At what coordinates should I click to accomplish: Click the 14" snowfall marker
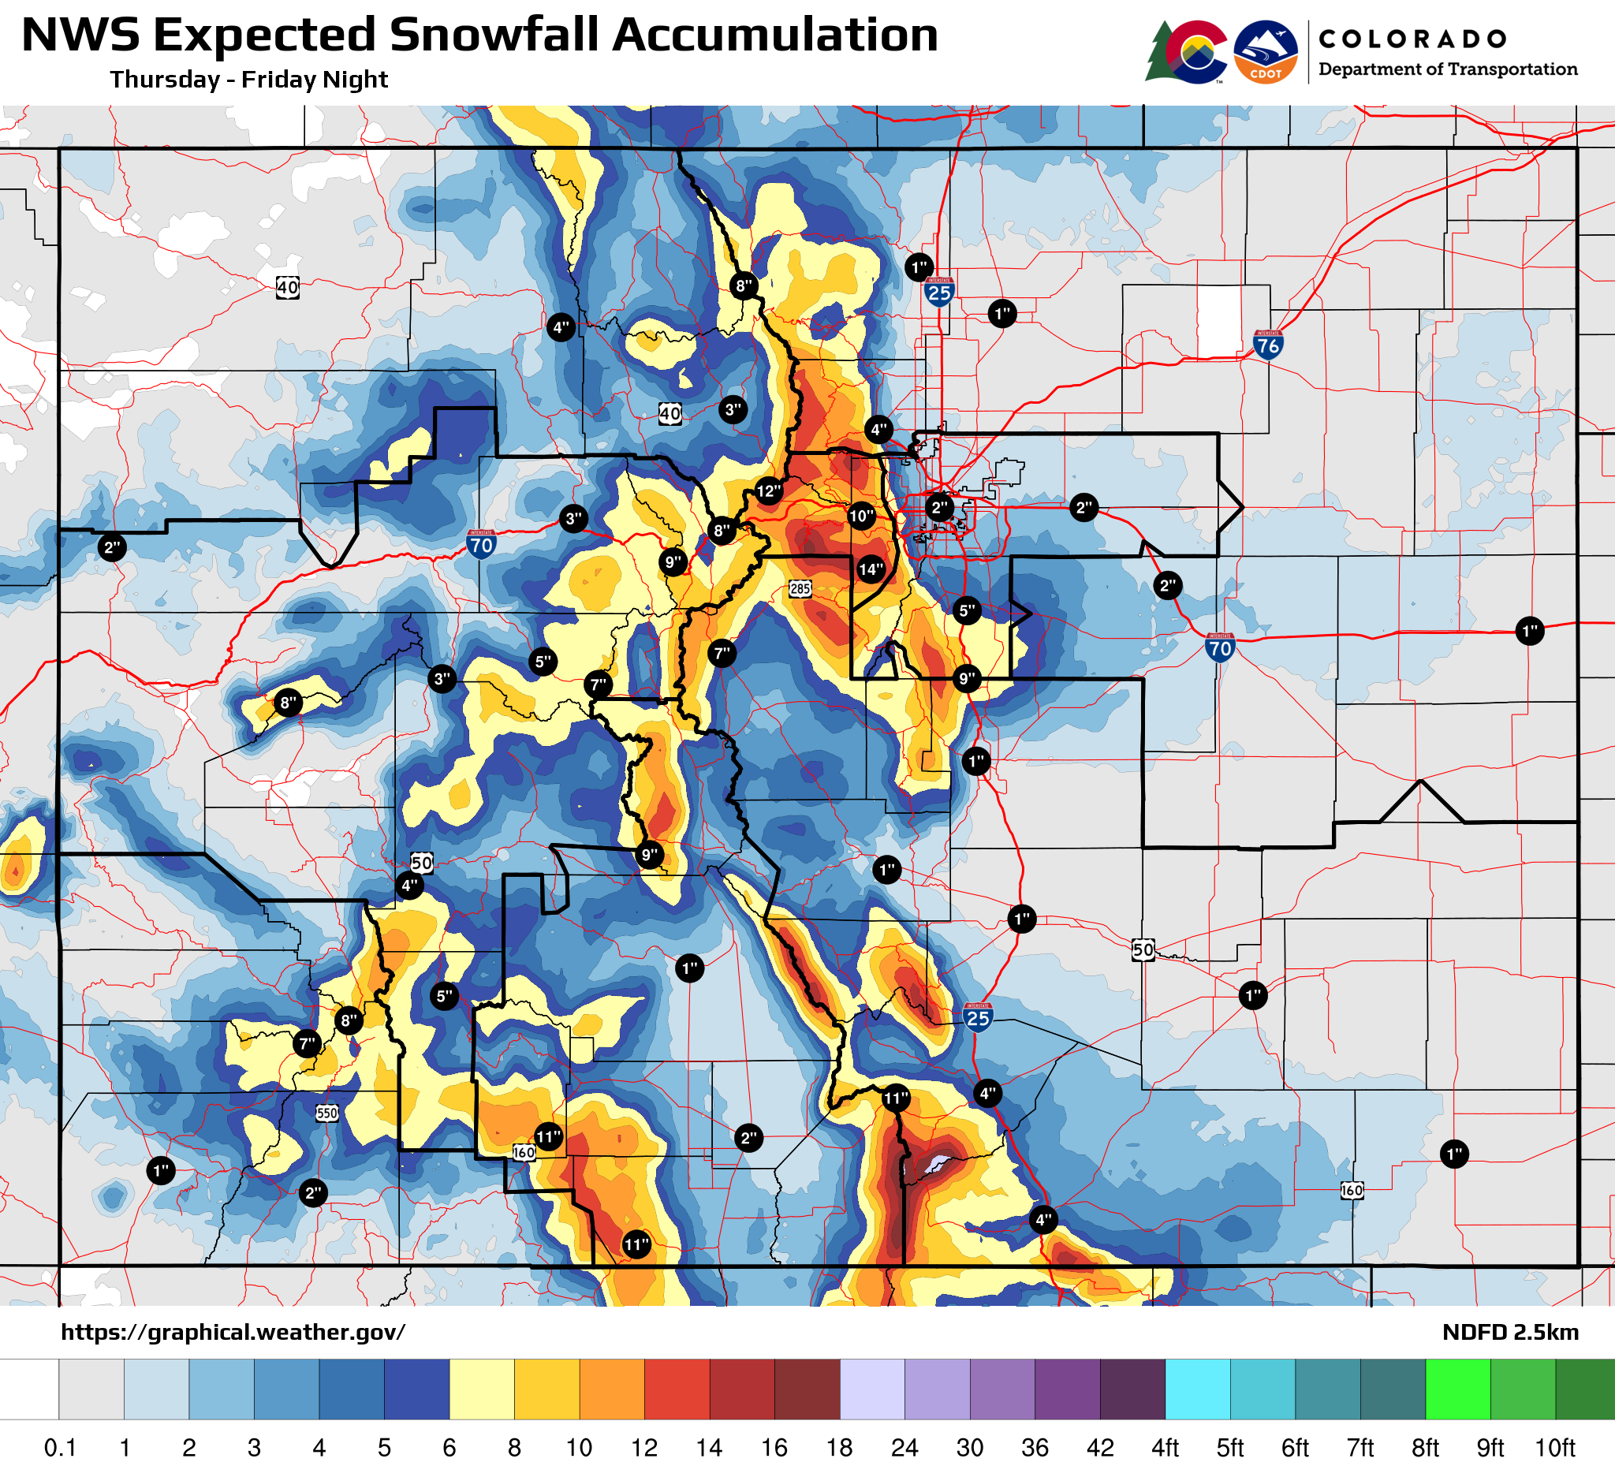871,569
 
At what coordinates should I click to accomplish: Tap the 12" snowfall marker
768,491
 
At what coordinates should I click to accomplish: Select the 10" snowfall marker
861,517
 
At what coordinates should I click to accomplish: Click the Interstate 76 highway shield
1268,345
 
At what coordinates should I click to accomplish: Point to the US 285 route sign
800,589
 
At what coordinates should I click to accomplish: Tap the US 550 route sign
326,1113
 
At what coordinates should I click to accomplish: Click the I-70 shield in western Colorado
481,545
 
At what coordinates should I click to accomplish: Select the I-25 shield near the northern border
939,293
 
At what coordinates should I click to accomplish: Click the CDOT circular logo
1266,52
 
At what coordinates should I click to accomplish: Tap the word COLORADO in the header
1412,39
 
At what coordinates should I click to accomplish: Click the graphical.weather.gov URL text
233,1332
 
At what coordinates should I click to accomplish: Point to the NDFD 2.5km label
1510,1332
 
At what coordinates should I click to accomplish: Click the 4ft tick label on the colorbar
1165,1448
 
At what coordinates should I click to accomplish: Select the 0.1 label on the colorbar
60,1448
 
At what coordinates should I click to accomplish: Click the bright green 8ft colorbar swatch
1458,1389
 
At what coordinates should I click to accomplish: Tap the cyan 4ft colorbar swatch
1198,1389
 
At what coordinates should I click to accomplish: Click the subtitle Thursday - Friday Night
249,80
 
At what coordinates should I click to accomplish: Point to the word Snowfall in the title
497,36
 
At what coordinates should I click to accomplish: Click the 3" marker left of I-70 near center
573,519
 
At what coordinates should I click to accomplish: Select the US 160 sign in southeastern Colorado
1352,1190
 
